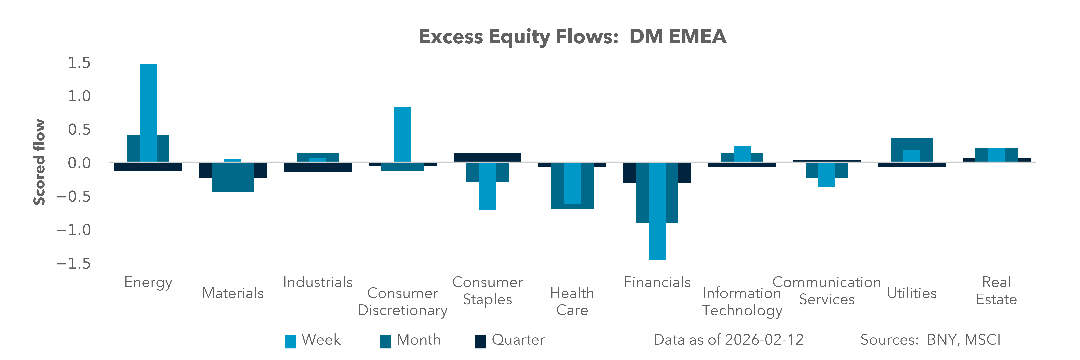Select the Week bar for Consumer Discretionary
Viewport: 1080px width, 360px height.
click(x=402, y=134)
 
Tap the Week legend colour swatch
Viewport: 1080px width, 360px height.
click(x=290, y=341)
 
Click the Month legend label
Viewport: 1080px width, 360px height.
click(x=418, y=339)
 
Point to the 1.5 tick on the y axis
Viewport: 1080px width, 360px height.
click(x=79, y=63)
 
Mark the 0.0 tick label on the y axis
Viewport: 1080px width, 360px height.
click(x=79, y=163)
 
